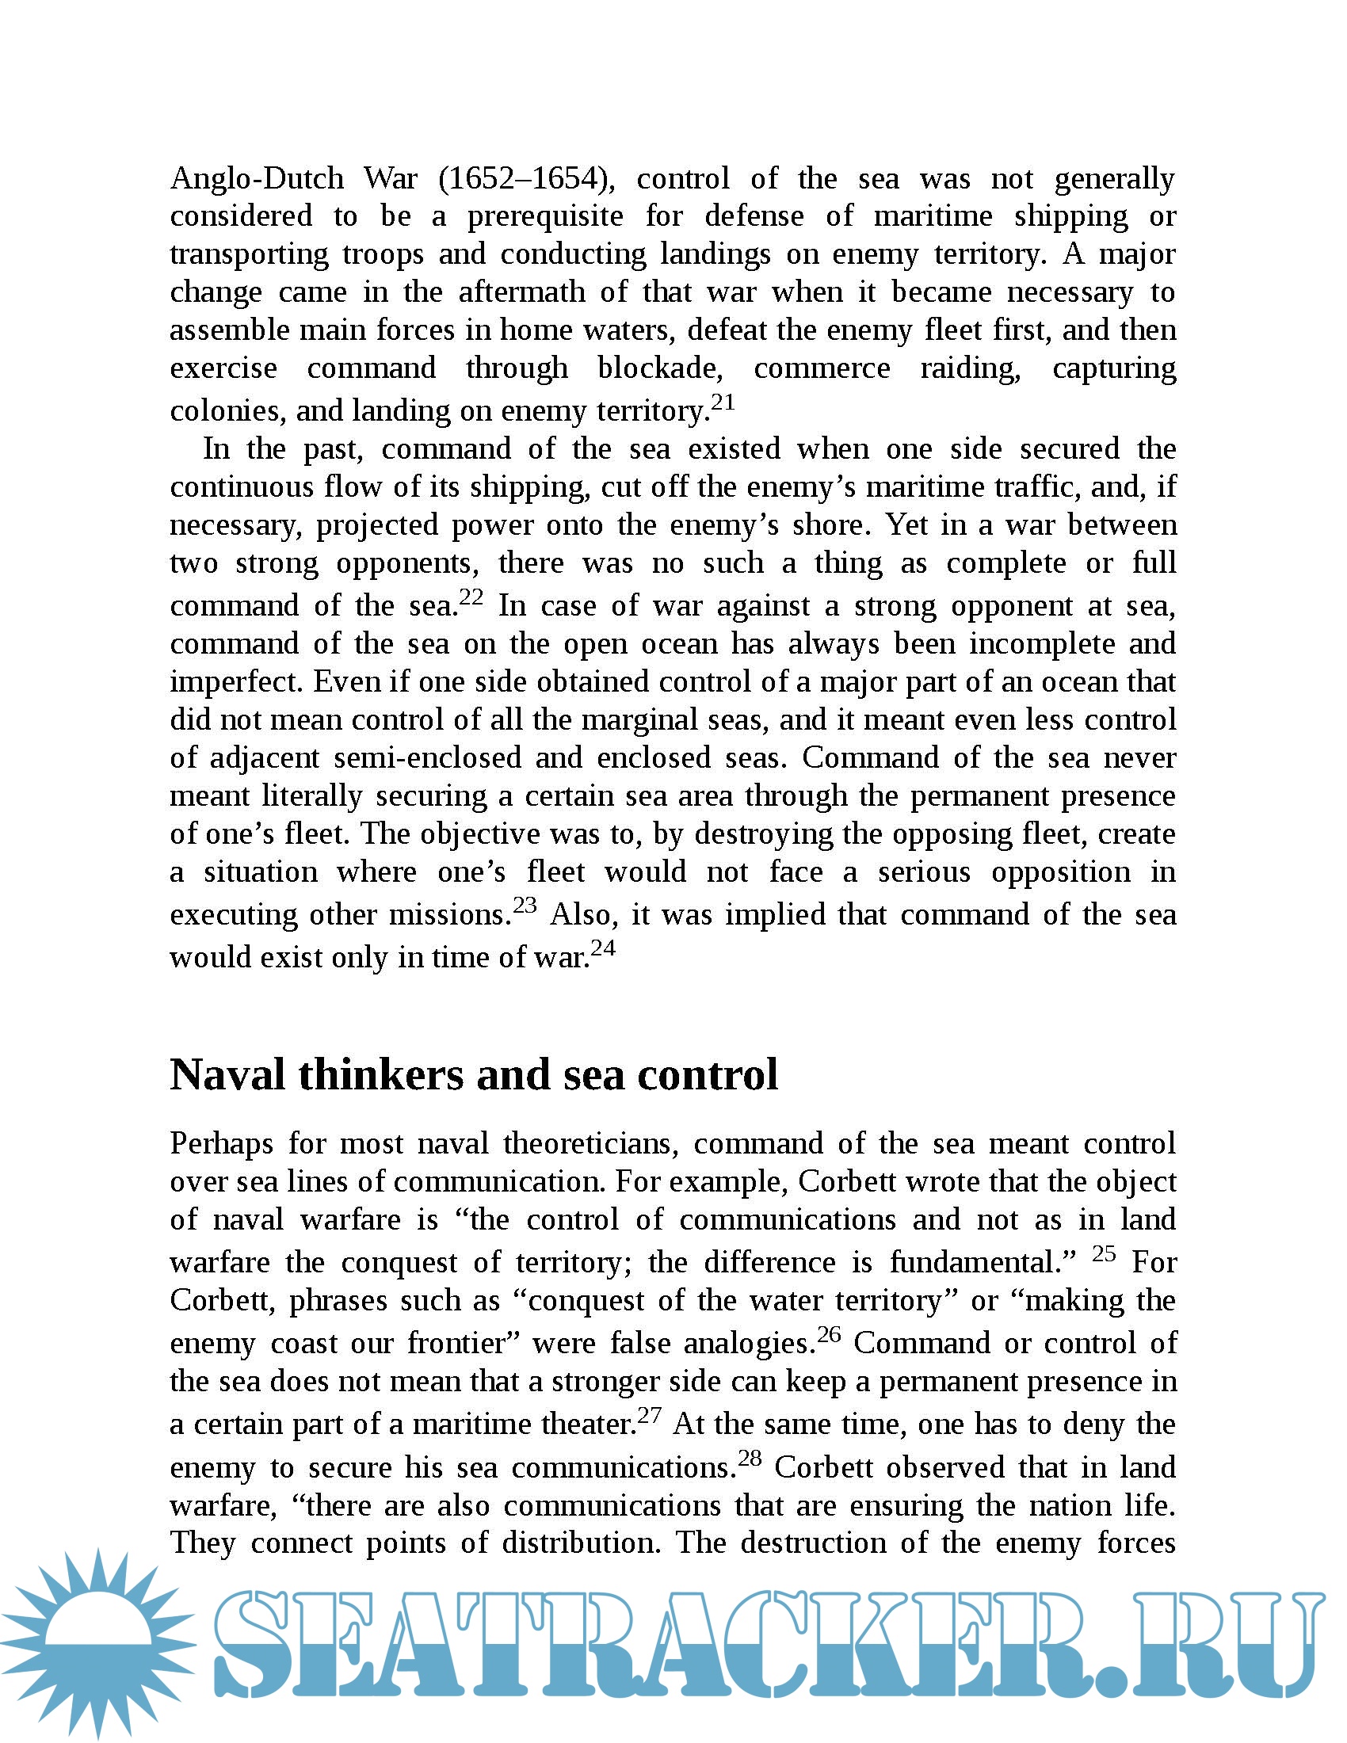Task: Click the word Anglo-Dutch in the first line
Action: [256, 178]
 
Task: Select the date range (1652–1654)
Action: [527, 178]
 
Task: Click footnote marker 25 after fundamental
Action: [1104, 1254]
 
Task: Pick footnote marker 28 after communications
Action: [750, 1458]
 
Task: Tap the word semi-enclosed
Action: [428, 757]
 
